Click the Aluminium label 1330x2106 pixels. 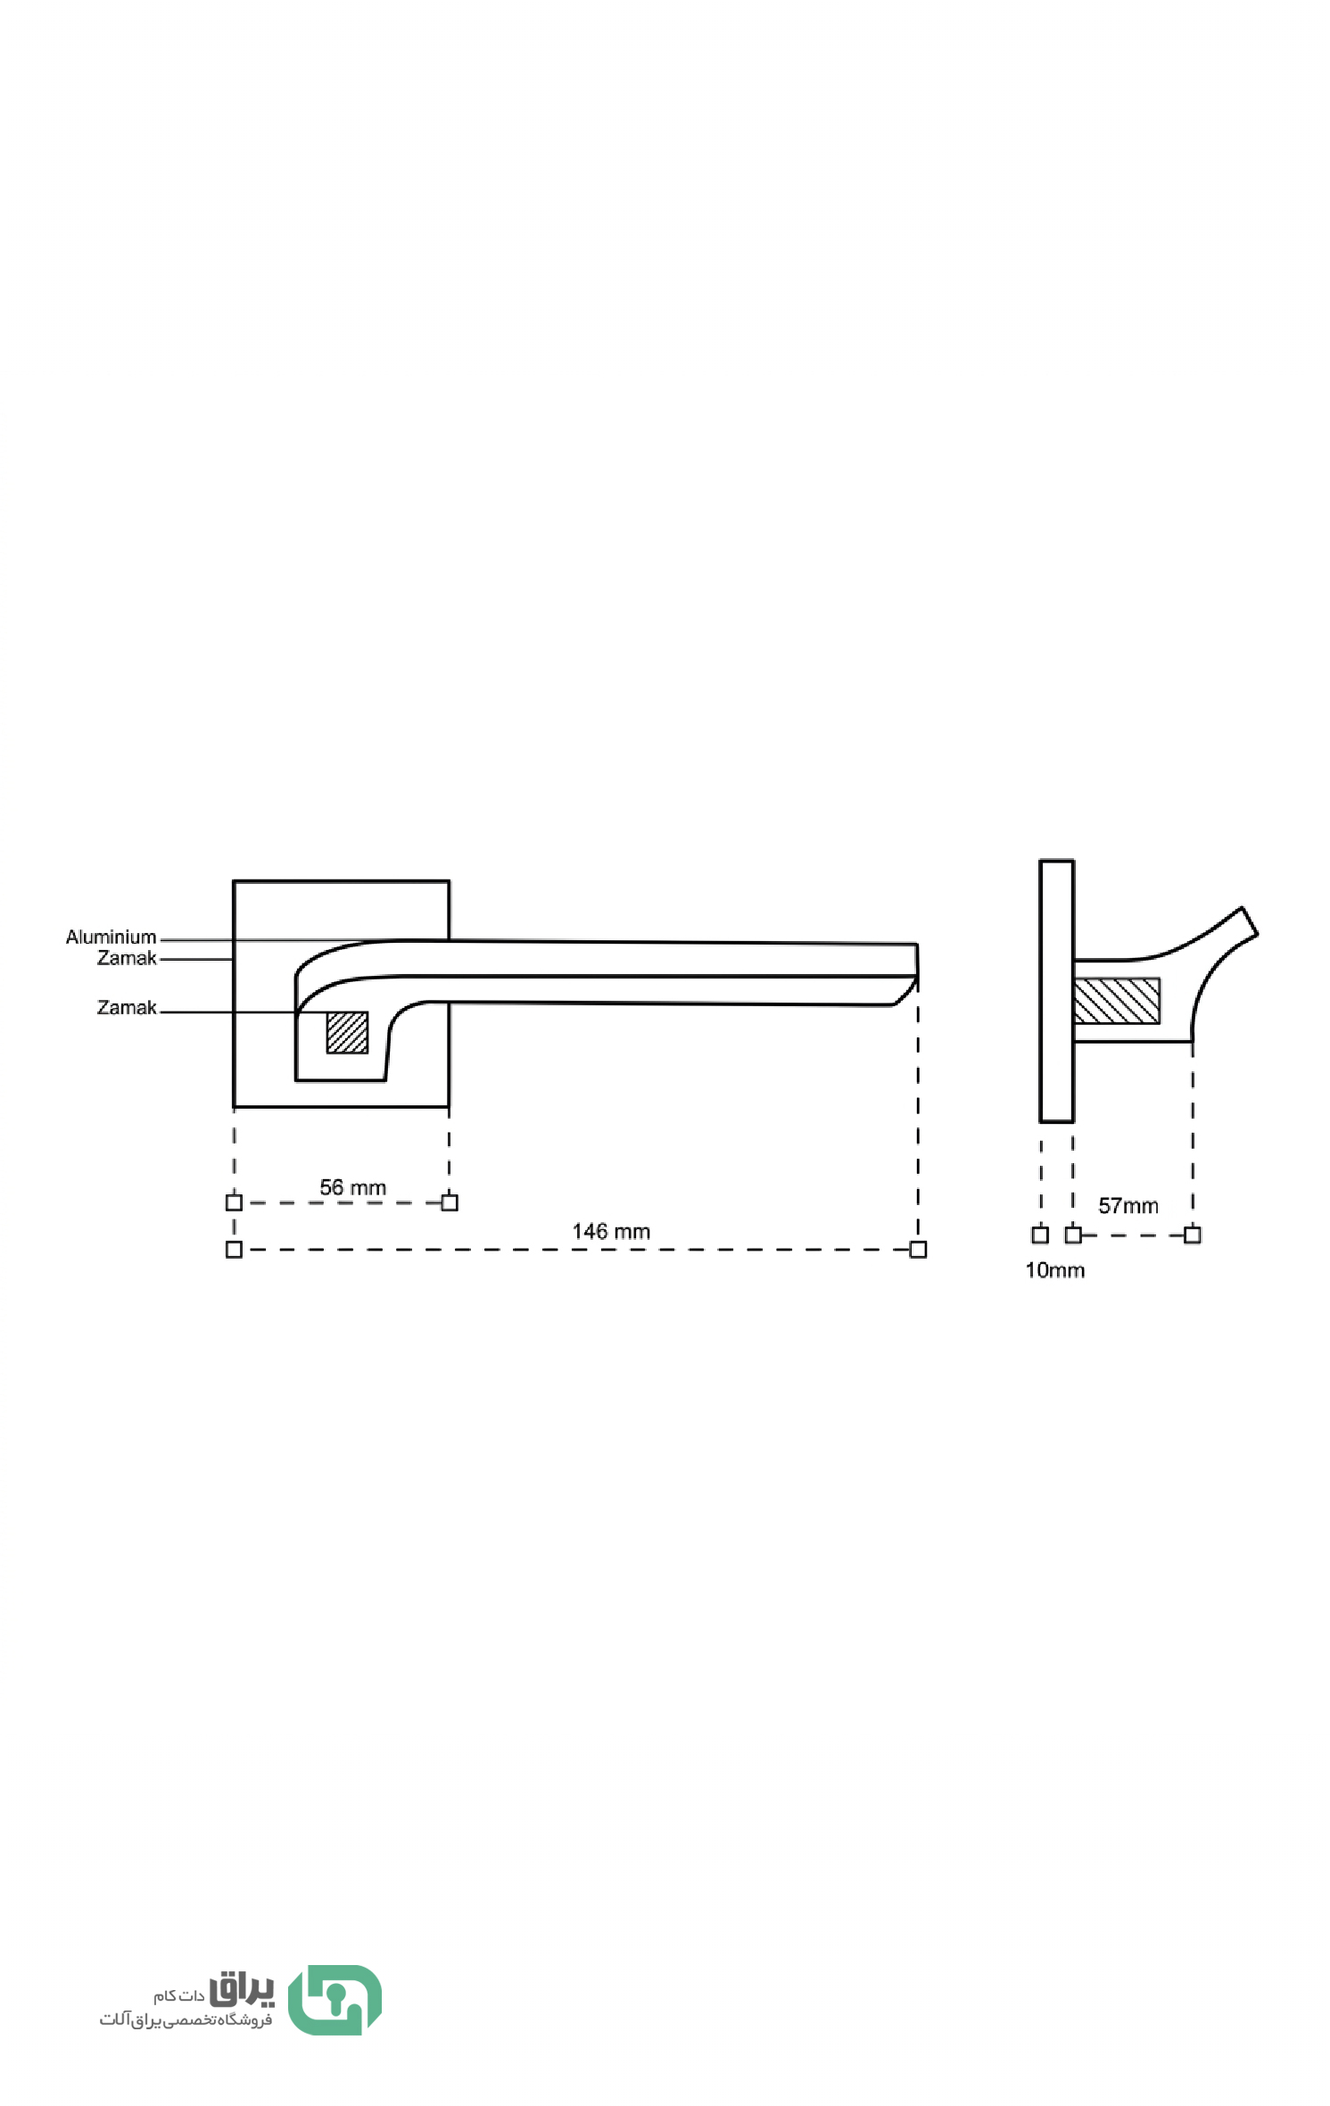pyautogui.click(x=111, y=937)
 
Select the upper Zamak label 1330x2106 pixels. pyautogui.click(x=127, y=958)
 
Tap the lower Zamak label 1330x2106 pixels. pyautogui.click(x=127, y=1007)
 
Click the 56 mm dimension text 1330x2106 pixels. pyautogui.click(x=352, y=1187)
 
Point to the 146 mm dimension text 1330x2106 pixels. pyautogui.click(x=611, y=1231)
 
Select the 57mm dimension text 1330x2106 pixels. pyautogui.click(x=1128, y=1206)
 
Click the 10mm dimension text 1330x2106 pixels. pyautogui.click(x=1054, y=1270)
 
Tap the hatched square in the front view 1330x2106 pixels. pyautogui.click(x=347, y=1032)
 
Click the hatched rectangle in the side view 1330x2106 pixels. pyautogui.click(x=1116, y=1001)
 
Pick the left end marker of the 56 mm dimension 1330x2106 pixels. pyautogui.click(x=234, y=1202)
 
